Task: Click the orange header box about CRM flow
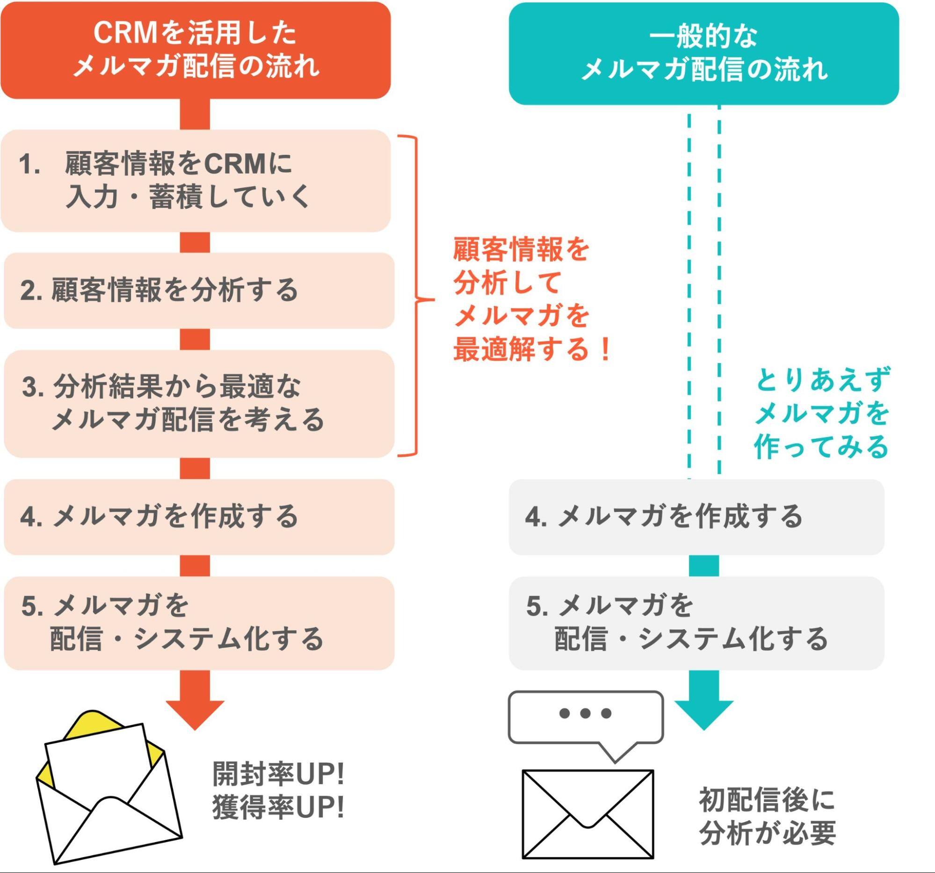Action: pyautogui.click(x=195, y=50)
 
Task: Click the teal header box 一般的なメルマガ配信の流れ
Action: pyautogui.click(x=703, y=53)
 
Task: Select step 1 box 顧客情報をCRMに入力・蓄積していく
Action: pyautogui.click(x=195, y=181)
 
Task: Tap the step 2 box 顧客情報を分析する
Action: pyautogui.click(x=198, y=290)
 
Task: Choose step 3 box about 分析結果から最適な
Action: pyautogui.click(x=198, y=404)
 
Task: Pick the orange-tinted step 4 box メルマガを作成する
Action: pyautogui.click(x=198, y=517)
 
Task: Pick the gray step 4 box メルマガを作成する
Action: pyautogui.click(x=696, y=517)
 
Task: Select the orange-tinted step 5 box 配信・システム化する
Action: pyautogui.click(x=198, y=623)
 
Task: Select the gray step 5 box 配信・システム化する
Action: pyautogui.click(x=696, y=623)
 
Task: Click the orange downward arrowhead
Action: pyautogui.click(x=195, y=712)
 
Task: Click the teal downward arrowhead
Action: pyautogui.click(x=703, y=712)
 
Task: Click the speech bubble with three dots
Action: pyautogui.click(x=586, y=717)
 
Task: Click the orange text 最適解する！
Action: pyautogui.click(x=531, y=349)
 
